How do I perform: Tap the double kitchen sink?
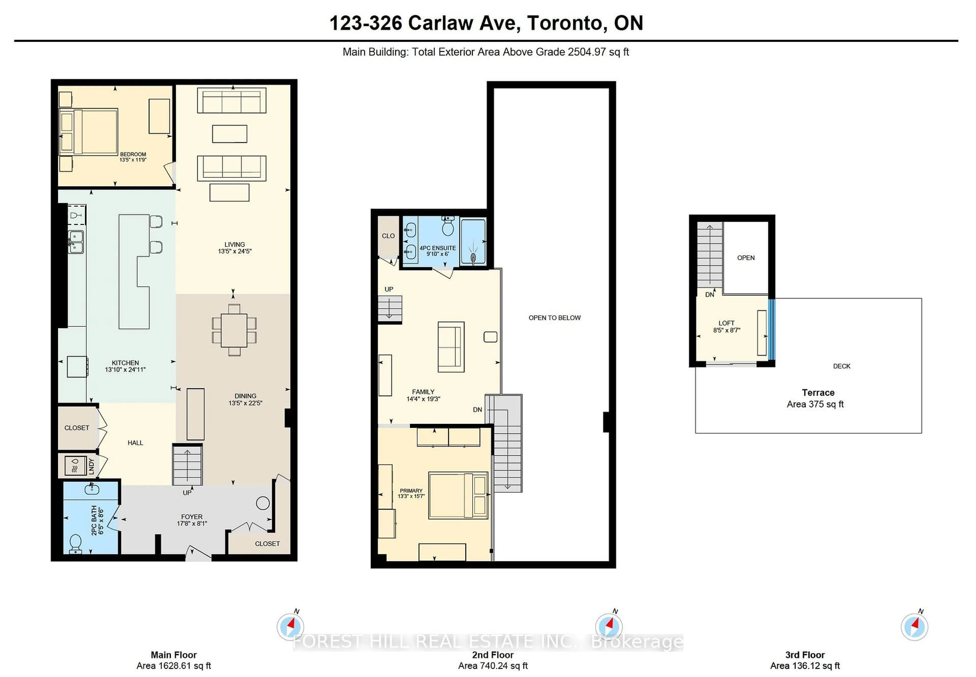[76, 242]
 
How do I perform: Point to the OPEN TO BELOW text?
[554, 318]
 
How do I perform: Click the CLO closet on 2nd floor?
[388, 236]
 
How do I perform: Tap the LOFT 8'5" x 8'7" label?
[726, 326]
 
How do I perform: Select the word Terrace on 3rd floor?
[818, 392]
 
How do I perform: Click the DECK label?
[841, 366]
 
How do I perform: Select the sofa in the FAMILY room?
[451, 347]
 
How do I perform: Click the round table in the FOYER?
[263, 503]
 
